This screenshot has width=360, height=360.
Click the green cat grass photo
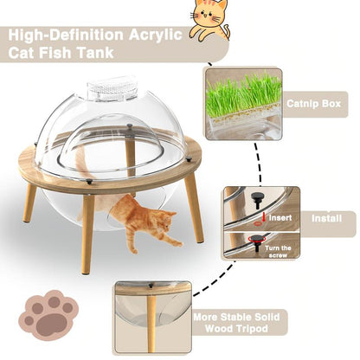pos(243,95)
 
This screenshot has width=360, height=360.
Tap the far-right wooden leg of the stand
pos(193,209)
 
